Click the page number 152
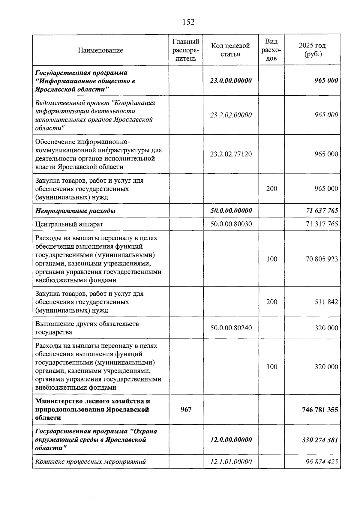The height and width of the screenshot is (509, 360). pyautogui.click(x=188, y=22)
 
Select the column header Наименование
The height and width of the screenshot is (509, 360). pyautogui.click(x=100, y=50)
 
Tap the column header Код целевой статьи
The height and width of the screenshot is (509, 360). pyautogui.click(x=230, y=50)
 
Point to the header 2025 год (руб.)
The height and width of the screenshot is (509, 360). pyautogui.click(x=312, y=50)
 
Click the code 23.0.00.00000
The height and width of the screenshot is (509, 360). pyautogui.click(x=231, y=81)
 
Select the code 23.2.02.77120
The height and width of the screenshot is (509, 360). pyautogui.click(x=231, y=154)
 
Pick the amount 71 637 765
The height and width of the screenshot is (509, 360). pyautogui.click(x=322, y=211)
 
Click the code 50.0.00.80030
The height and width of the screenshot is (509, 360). pyautogui.click(x=231, y=224)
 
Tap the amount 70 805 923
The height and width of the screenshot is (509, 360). pyautogui.click(x=322, y=259)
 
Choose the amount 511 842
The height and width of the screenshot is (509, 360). pyautogui.click(x=326, y=302)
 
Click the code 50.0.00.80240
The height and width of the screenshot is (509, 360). pyautogui.click(x=231, y=328)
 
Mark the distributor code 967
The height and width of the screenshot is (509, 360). pyautogui.click(x=186, y=409)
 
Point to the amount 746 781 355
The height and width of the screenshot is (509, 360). pyautogui.click(x=320, y=410)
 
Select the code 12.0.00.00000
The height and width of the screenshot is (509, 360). pyautogui.click(x=231, y=440)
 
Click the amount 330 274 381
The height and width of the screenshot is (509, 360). pyautogui.click(x=320, y=440)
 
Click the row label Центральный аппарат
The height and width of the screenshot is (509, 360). pyautogui.click(x=69, y=224)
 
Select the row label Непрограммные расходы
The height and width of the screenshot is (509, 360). pyautogui.click(x=75, y=211)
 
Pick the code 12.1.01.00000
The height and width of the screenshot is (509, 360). pyautogui.click(x=231, y=462)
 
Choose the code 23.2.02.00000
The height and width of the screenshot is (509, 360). pyautogui.click(x=231, y=115)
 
